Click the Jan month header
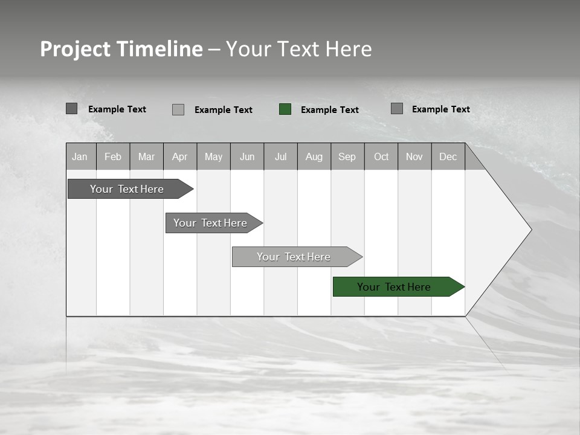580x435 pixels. (80, 157)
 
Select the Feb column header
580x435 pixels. (113, 157)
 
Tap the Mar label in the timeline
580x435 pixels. (146, 157)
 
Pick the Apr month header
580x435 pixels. (179, 157)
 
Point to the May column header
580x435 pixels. (213, 157)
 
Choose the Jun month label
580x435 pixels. (247, 157)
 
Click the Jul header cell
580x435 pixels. (280, 157)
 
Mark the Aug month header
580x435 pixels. (314, 157)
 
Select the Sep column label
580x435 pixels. (347, 157)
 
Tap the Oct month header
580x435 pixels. (381, 157)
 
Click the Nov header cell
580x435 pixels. (414, 157)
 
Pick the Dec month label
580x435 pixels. (448, 157)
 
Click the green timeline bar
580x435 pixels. (396, 287)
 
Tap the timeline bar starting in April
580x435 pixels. (211, 223)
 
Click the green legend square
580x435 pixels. (285, 109)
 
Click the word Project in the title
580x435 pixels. (76, 50)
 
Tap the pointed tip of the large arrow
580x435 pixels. (530, 230)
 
